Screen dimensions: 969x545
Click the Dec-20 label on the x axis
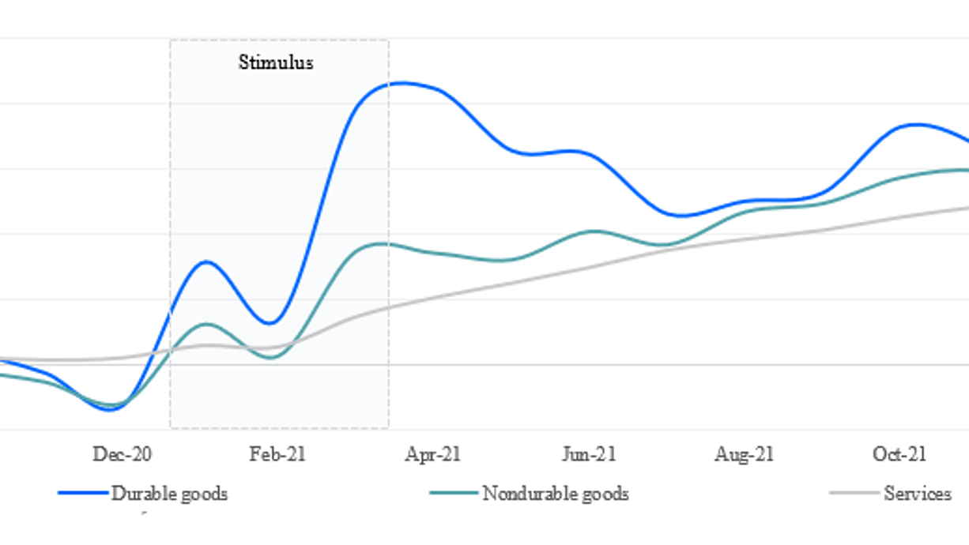click(122, 454)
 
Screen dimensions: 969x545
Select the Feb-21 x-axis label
click(277, 454)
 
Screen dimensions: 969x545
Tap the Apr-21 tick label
click(432, 454)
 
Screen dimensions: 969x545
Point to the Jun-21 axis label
click(589, 454)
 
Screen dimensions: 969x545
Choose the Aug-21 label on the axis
click(744, 454)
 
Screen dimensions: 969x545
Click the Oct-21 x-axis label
click(899, 454)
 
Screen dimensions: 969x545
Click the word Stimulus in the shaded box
click(276, 62)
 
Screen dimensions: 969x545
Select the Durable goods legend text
click(169, 494)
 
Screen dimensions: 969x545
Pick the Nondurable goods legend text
click(556, 494)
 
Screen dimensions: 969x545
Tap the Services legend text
click(918, 493)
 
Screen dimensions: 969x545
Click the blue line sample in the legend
click(83, 493)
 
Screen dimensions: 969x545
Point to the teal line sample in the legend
click(454, 493)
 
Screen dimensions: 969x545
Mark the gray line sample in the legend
click(854, 493)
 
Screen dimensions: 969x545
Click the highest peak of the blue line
click(402, 83)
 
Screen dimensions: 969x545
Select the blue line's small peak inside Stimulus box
click(206, 261)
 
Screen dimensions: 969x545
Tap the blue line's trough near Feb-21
click(270, 323)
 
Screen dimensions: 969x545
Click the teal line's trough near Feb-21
click(270, 358)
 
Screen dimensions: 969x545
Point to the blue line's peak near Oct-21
click(915, 125)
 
